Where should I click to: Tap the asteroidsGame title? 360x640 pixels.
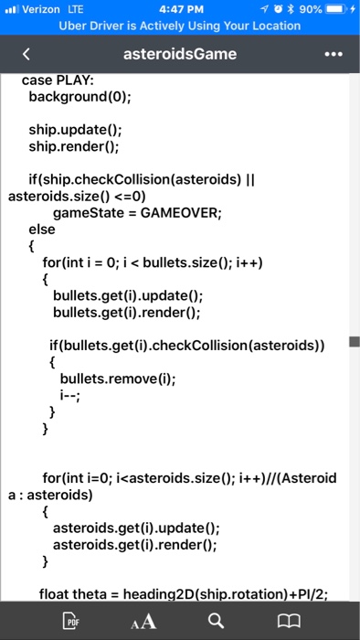coord(180,54)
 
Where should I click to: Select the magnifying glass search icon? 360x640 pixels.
coord(215,622)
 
